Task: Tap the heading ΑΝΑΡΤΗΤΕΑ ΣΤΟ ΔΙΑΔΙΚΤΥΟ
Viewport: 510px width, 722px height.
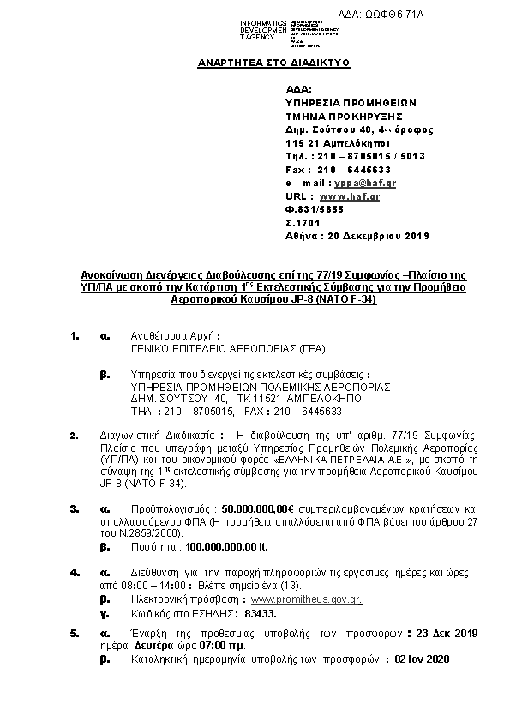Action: click(273, 63)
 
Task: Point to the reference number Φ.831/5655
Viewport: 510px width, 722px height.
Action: click(315, 209)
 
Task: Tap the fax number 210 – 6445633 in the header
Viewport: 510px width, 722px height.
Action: click(348, 170)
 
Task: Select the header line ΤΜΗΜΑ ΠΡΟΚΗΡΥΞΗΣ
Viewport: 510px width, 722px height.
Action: click(344, 117)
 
